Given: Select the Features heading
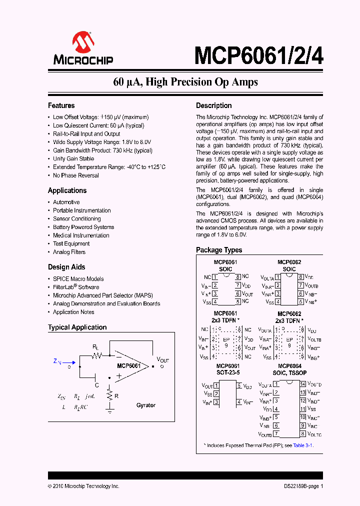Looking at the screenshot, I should click(x=61, y=105).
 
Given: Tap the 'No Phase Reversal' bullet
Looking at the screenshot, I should click(x=76, y=175).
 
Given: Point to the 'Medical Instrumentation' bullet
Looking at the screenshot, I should click(x=81, y=235).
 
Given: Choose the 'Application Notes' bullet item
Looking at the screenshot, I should click(x=73, y=312).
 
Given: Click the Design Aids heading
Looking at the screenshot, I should click(x=66, y=267).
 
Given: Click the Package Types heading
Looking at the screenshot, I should click(x=219, y=250).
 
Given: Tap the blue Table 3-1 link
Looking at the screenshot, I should click(x=303, y=445).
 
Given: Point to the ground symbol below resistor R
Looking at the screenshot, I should click(x=109, y=410).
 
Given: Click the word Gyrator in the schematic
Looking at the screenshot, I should click(x=146, y=405).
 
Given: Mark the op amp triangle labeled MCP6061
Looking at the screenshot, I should click(x=131, y=366).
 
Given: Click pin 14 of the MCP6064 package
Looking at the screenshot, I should click(x=302, y=384).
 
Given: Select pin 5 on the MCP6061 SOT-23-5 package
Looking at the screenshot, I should click(x=239, y=386).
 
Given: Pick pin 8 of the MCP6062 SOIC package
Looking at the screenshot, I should click(x=300, y=276).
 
